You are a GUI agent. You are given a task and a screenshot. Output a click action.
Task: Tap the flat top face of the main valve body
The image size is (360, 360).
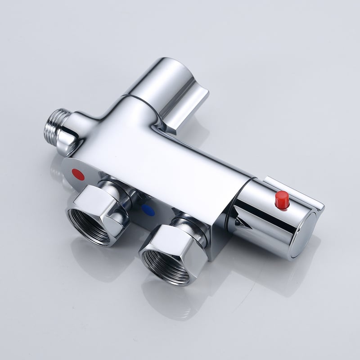click(x=171, y=148)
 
